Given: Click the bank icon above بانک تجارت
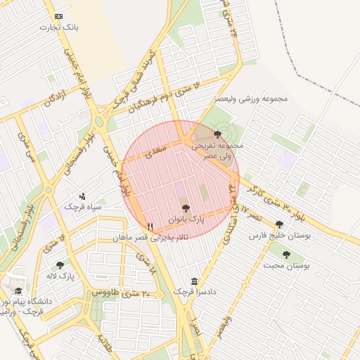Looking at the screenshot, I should [58, 16].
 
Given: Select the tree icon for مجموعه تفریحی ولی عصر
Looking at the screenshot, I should [217, 134].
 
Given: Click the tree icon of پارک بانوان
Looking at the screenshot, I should [186, 207].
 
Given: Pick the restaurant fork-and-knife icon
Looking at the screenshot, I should [150, 226].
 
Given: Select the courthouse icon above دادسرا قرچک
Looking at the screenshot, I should [194, 281].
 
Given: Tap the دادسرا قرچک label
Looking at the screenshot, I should [194, 292].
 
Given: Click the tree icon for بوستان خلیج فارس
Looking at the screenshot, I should [279, 224].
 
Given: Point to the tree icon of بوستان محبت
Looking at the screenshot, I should [286, 255].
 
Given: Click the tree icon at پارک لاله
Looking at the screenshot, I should [60, 265].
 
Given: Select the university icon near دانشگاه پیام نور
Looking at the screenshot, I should [18, 290].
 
